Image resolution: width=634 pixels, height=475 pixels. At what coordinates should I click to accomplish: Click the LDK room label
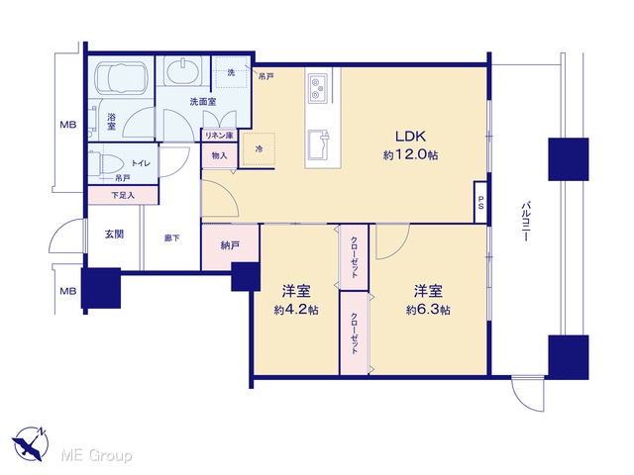[x=410, y=137]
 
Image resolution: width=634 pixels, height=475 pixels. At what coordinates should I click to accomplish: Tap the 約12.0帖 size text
[x=410, y=155]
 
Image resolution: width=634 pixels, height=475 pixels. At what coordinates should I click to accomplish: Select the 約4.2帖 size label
[x=296, y=310]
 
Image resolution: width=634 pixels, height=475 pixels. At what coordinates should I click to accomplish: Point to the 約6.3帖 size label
[x=428, y=310]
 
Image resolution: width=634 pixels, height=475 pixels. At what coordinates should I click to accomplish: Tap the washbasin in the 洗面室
[x=183, y=71]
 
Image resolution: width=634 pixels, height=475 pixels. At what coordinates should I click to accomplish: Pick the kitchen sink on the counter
[x=319, y=144]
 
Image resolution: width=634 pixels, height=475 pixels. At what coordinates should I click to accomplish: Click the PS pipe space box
[x=480, y=202]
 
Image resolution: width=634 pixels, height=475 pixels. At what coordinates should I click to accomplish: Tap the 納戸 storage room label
[x=230, y=245]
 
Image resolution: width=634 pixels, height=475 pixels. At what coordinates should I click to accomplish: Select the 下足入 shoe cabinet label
[x=123, y=196]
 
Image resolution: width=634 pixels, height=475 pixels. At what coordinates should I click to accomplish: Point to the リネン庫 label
[x=219, y=136]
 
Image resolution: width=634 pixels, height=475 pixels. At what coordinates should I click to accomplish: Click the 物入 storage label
[x=219, y=155]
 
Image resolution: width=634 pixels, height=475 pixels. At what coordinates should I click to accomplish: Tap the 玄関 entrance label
[x=115, y=234]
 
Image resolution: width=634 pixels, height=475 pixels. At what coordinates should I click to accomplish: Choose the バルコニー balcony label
[x=525, y=222]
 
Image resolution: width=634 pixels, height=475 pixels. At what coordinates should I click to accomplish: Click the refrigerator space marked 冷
[x=259, y=148]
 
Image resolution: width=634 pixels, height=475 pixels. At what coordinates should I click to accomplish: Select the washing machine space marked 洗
[x=231, y=72]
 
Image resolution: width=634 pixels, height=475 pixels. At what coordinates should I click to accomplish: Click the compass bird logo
[x=31, y=443]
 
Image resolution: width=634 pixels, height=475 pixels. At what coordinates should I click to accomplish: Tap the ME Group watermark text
[x=97, y=455]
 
